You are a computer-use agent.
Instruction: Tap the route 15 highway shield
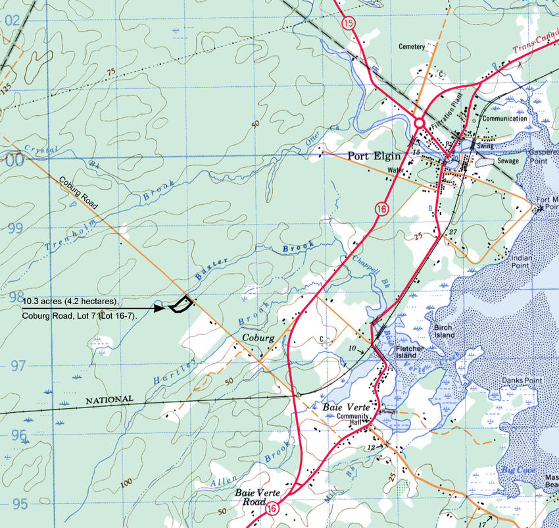click(x=349, y=22)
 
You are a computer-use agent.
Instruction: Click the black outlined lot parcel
click(x=181, y=304)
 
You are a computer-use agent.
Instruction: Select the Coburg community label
click(x=258, y=338)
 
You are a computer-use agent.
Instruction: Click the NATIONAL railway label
click(x=109, y=400)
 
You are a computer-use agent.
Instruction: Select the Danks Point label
click(x=521, y=380)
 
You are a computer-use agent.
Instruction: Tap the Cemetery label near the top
click(x=412, y=47)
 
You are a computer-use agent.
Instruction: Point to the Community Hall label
click(x=349, y=420)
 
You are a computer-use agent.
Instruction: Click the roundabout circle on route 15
click(x=419, y=122)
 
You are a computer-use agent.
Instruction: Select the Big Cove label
click(x=514, y=469)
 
